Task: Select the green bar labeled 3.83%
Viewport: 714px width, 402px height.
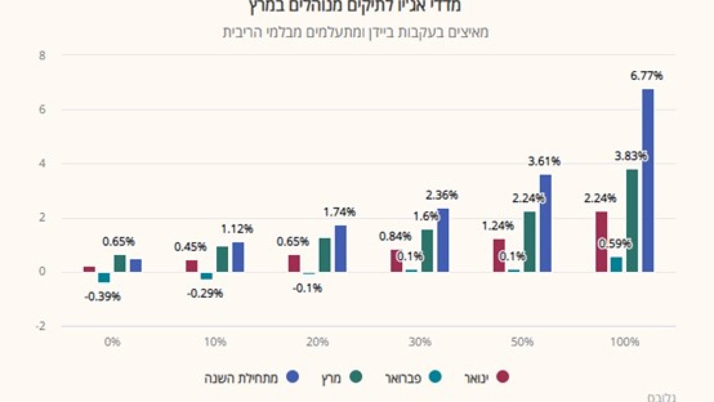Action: (x=632, y=221)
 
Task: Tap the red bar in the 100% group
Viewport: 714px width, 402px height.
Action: (x=601, y=242)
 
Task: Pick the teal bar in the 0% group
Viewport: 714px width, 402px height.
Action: (x=104, y=277)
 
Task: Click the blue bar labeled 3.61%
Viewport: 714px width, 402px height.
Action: (x=545, y=223)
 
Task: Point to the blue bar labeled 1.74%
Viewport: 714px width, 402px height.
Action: (x=340, y=248)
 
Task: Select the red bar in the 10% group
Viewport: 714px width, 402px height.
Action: (x=191, y=266)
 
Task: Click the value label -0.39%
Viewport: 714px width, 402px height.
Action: (x=102, y=296)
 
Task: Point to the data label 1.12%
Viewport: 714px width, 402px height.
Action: (x=237, y=228)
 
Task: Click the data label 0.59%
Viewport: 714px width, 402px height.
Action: (x=615, y=244)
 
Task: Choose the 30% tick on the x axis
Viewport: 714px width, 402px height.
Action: (x=419, y=342)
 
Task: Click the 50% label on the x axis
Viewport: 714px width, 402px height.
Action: (x=522, y=342)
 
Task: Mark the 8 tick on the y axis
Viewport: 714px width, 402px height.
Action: (x=42, y=55)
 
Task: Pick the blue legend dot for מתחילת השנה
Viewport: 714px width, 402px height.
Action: (x=292, y=377)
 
